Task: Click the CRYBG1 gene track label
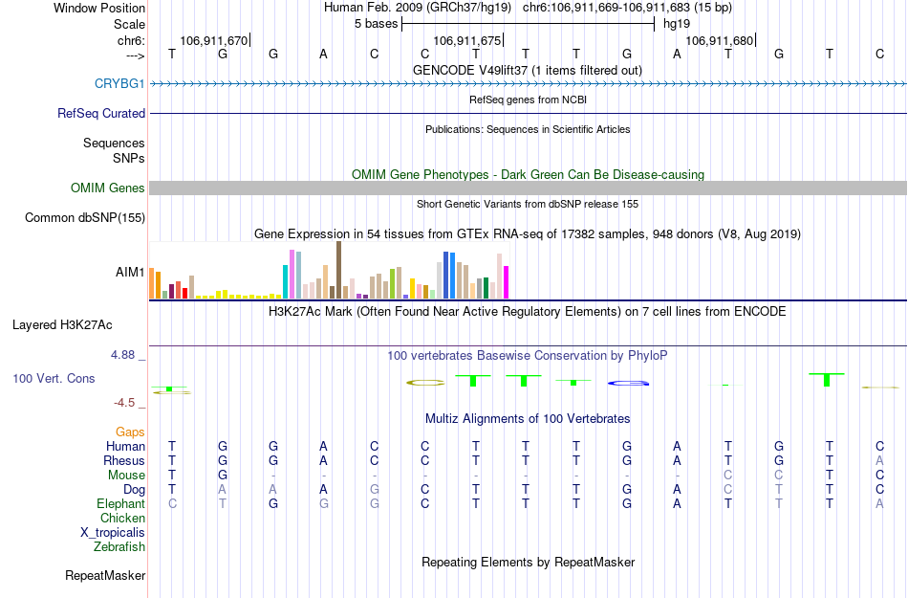(x=119, y=84)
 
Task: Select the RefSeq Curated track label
(x=101, y=113)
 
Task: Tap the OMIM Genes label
(x=108, y=188)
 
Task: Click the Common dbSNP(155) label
(x=85, y=218)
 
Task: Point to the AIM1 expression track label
(x=130, y=273)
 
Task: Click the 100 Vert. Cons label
(x=54, y=379)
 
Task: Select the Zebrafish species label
(x=119, y=547)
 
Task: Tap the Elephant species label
(x=121, y=504)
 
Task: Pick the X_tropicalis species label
(x=113, y=533)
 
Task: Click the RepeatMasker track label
(x=105, y=576)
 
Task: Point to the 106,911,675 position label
(x=466, y=41)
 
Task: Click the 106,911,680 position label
(x=720, y=41)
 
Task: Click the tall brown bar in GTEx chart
(x=338, y=270)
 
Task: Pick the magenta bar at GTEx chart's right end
(x=507, y=282)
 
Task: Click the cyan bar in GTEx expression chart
(x=286, y=281)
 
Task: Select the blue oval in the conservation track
(x=629, y=383)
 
